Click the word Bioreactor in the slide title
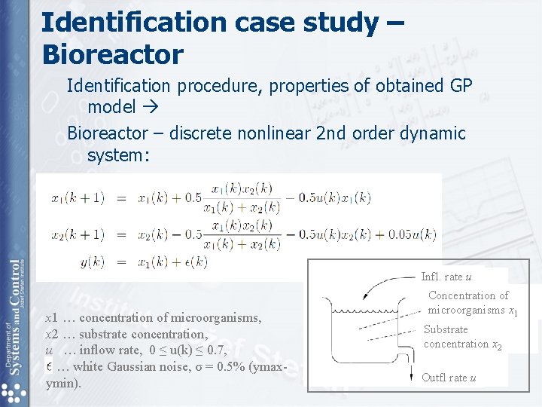112,54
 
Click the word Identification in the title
133,22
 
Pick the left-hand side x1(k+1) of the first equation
78,198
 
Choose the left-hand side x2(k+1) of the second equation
78,234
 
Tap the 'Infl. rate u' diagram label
446,277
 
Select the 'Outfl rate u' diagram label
449,378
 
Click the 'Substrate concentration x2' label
461,337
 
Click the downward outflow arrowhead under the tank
412,375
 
